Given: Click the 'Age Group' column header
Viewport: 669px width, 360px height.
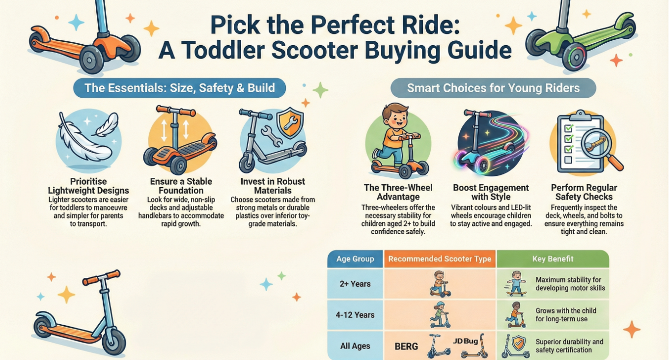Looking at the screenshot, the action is [355, 259].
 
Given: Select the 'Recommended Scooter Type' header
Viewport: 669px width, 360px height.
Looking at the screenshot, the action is [440, 259].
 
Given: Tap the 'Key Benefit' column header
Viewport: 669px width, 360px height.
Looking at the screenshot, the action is [553, 259].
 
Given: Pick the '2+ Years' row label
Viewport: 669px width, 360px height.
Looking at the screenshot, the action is [355, 284].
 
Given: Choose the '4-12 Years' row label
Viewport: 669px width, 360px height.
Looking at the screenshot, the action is [355, 315].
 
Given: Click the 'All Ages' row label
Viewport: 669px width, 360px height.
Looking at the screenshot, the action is [355, 346].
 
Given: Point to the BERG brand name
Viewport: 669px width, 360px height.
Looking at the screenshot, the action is [406, 346].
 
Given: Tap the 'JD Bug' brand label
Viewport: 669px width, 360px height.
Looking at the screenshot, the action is [465, 340].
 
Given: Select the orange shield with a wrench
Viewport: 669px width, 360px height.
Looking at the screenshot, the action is [290, 123].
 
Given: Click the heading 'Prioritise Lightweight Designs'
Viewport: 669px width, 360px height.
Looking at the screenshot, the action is [88, 186].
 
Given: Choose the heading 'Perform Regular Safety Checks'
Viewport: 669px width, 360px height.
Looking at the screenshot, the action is [584, 192].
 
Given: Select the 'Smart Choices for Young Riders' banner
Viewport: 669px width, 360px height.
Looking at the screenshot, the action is [493, 88].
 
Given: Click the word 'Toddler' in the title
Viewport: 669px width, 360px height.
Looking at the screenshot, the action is [223, 50].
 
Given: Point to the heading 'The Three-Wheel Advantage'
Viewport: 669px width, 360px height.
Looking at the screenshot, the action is [398, 192].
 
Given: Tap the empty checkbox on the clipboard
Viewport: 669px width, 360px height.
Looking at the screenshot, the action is [568, 160].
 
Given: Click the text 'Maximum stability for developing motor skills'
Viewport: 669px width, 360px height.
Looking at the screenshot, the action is [570, 284].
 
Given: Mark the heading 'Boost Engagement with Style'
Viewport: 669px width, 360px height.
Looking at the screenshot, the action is [491, 192].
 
